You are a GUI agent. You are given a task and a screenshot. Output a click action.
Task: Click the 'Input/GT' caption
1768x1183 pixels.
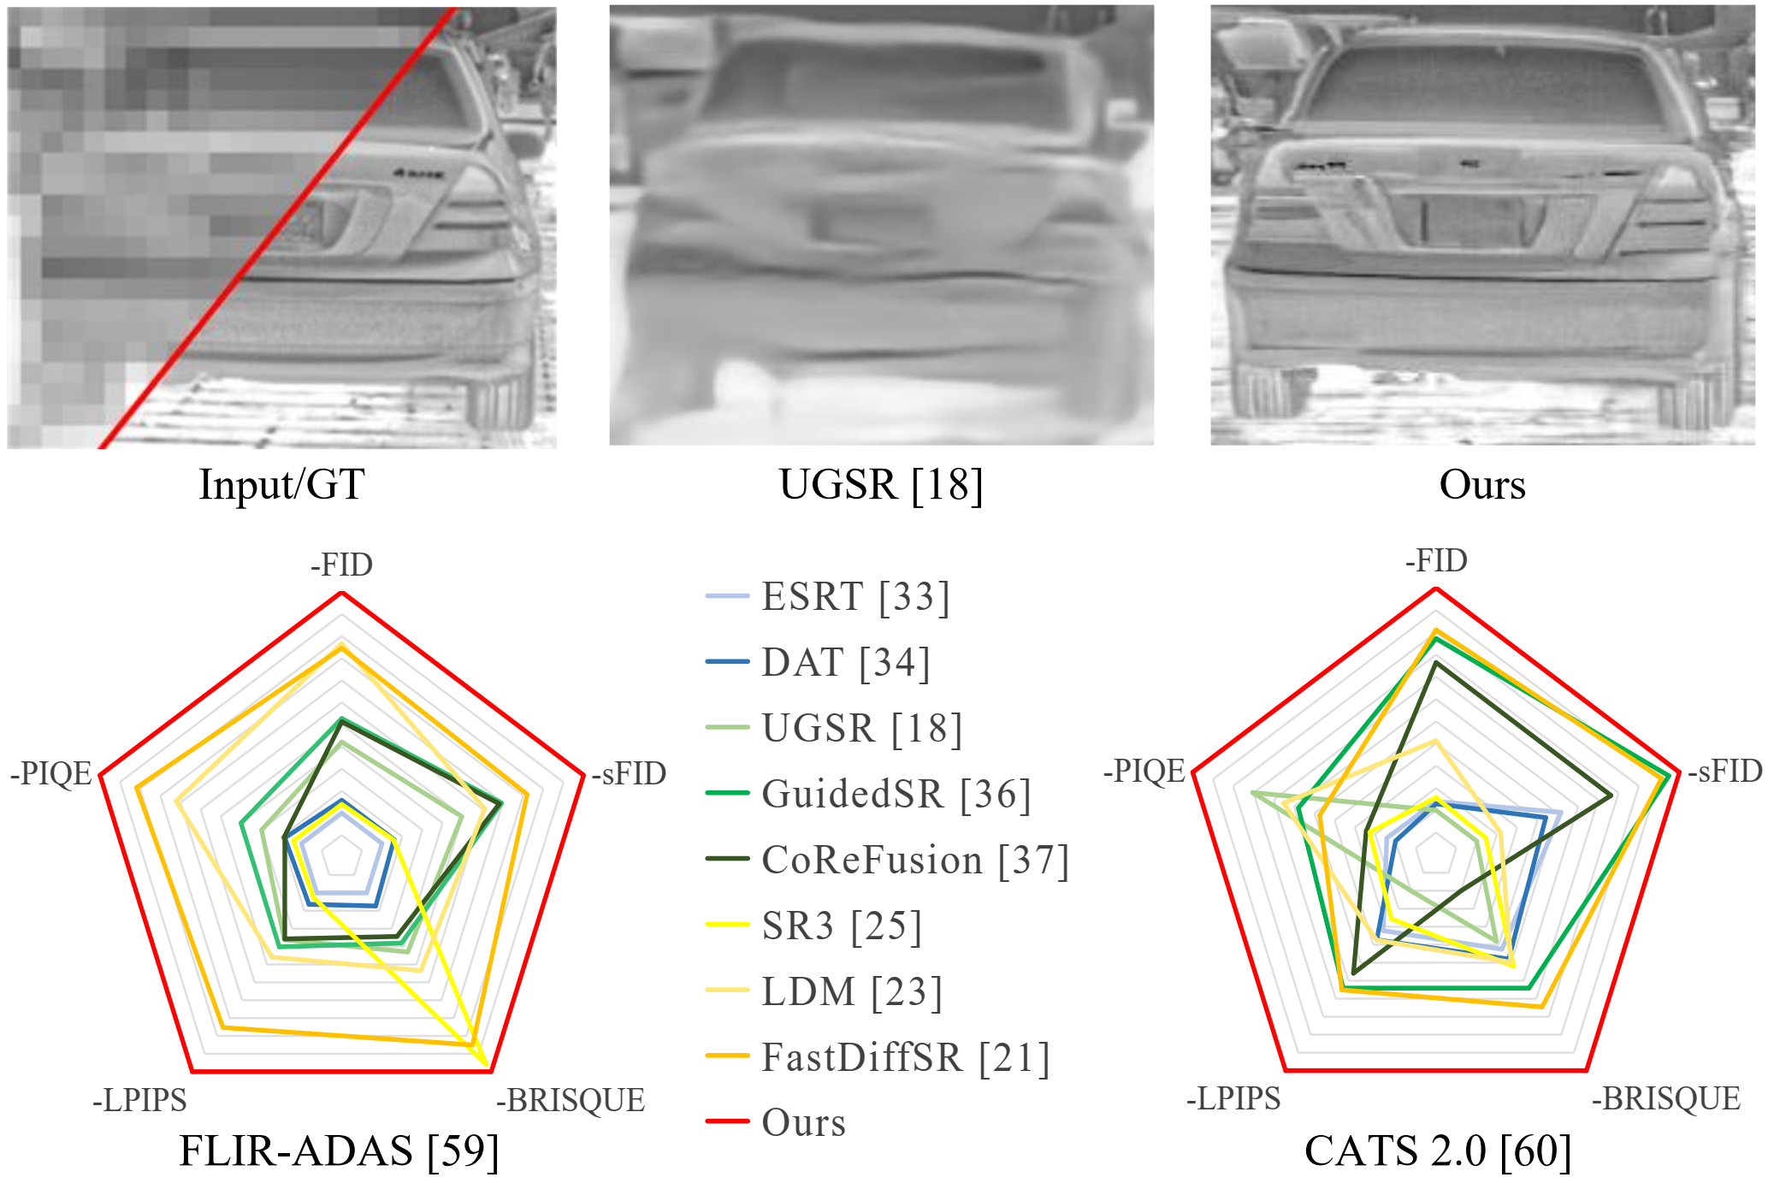coord(281,484)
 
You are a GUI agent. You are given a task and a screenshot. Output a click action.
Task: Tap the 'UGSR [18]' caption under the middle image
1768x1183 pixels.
coord(880,484)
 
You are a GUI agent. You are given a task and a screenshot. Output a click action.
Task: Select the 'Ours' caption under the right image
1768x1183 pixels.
coord(1481,484)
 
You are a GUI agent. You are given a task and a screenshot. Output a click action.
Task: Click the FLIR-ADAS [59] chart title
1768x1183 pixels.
coord(339,1150)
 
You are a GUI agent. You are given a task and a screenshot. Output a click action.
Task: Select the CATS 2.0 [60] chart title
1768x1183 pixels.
coord(1438,1150)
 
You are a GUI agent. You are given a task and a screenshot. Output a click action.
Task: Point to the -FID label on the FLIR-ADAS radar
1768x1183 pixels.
coord(341,565)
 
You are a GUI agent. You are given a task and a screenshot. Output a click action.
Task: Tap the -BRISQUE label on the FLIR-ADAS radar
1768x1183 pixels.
coord(571,1100)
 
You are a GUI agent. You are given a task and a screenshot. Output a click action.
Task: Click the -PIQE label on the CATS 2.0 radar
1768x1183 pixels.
coord(1144,771)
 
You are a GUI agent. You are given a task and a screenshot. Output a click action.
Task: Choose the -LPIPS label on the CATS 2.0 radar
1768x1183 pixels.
coord(1233,1098)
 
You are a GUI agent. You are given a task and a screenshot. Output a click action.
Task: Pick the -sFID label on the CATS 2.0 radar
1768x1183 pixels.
coord(1724,771)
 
